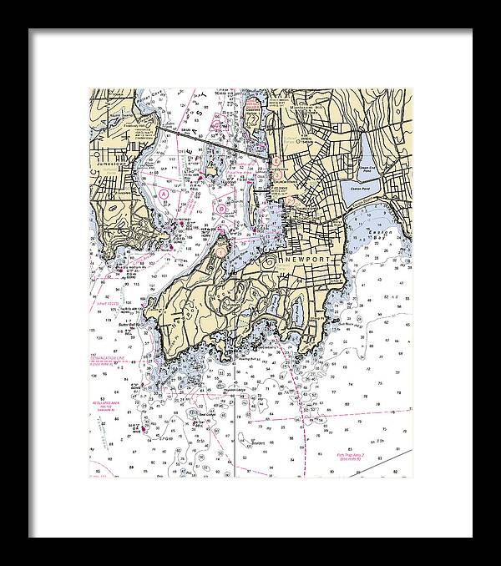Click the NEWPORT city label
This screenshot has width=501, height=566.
306,260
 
